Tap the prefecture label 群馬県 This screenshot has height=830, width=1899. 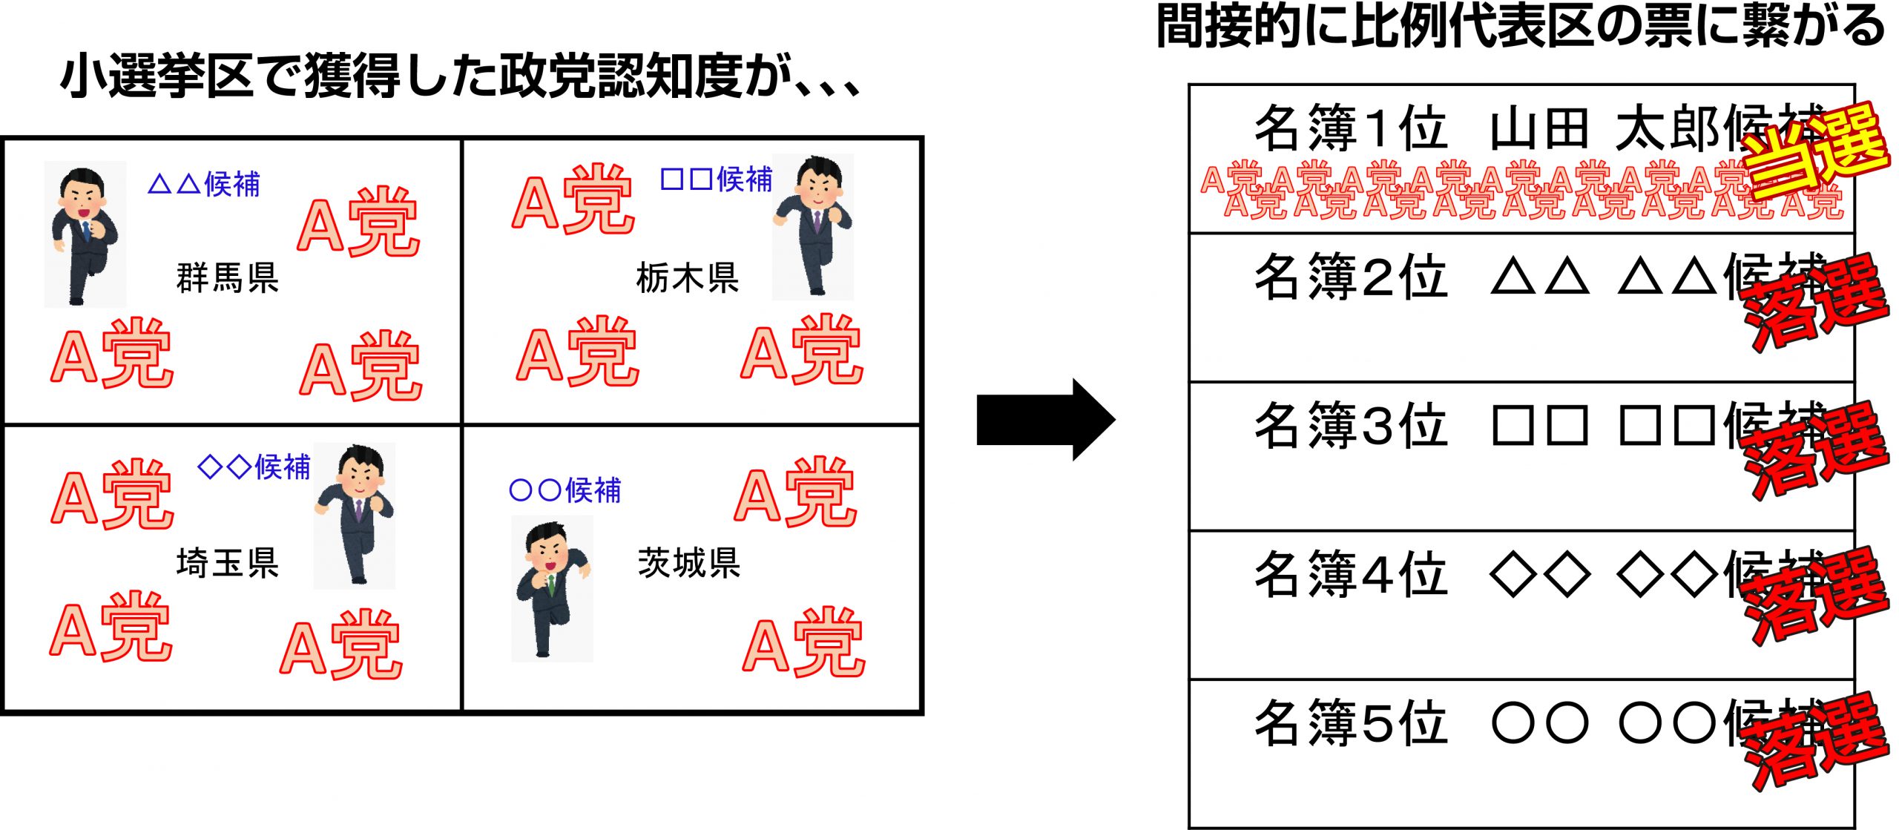(x=228, y=278)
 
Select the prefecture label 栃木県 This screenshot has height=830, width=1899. (x=687, y=278)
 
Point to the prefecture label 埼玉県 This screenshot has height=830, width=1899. (x=228, y=563)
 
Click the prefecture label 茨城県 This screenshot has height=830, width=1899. (x=688, y=563)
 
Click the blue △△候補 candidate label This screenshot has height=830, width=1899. (x=204, y=184)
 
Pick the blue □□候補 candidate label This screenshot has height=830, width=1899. (x=716, y=179)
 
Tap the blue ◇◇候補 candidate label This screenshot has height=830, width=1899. (x=254, y=467)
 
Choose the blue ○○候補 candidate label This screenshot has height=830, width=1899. (x=565, y=490)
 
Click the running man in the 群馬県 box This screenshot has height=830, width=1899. (x=85, y=234)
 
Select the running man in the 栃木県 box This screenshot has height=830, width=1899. (x=813, y=227)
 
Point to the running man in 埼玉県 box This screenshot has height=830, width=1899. (x=355, y=516)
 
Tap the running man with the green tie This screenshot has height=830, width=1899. (x=552, y=588)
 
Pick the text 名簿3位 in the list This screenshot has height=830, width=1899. (x=1350, y=426)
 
